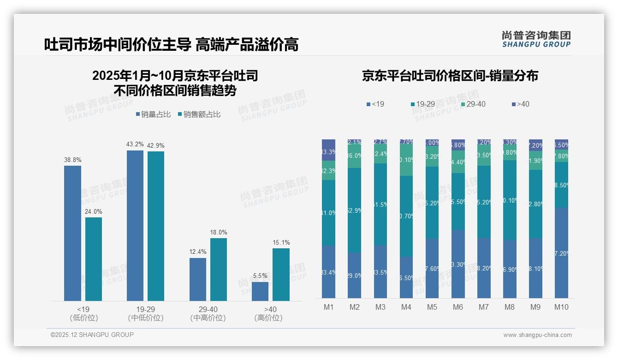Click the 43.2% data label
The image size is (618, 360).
(135, 144)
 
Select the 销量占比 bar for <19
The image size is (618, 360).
(72, 233)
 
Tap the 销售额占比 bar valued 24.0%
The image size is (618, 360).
(94, 259)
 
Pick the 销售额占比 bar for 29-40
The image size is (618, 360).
(219, 269)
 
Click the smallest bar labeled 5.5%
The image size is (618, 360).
(260, 291)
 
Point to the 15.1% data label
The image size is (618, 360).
(281, 243)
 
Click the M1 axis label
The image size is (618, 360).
(328, 307)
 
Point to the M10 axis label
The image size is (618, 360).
(561, 307)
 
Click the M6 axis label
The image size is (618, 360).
(458, 307)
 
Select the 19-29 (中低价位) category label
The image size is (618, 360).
(145, 313)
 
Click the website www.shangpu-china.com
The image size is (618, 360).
(537, 335)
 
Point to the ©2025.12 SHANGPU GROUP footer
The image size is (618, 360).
(92, 335)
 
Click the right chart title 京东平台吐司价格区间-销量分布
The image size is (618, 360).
(450, 76)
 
